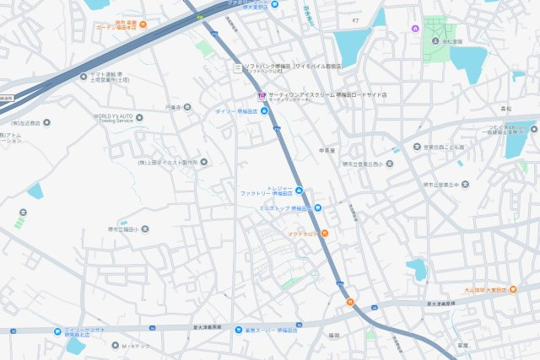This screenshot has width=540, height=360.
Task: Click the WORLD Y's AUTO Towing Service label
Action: coord(113,119)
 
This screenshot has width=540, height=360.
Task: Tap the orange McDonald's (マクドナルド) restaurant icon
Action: coord(324,233)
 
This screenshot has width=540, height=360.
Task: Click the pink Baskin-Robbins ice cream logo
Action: coord(262,95)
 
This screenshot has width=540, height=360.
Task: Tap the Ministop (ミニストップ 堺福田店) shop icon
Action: coord(317,207)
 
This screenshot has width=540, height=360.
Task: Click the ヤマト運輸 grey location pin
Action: coord(84,74)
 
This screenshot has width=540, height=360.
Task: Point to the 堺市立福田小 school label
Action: coord(118,228)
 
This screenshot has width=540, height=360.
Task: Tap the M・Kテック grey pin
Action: coord(116,345)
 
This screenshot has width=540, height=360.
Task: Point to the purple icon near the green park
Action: coord(413,29)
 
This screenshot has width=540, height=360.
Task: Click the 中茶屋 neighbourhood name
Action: coord(327,150)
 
